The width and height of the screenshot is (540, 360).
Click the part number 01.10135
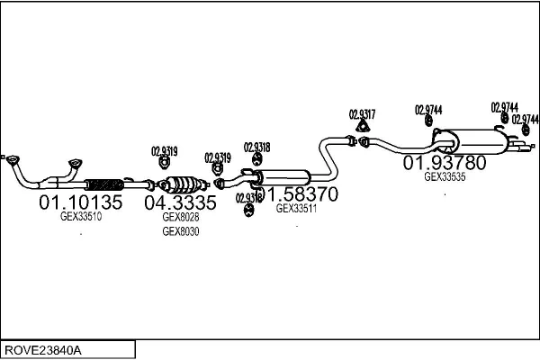point(80,202)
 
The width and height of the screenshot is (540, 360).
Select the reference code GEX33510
point(80,216)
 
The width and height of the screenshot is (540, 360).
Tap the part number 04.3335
point(181,202)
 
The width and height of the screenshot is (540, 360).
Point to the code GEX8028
point(180,217)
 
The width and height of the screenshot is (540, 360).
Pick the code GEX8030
point(180,231)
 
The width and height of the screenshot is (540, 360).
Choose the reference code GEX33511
point(296,208)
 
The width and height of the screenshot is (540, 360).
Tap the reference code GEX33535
point(445,176)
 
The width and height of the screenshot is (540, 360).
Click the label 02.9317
point(362,114)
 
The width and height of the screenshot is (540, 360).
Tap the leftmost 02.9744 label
point(428,110)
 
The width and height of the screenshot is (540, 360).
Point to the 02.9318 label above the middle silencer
point(257,147)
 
